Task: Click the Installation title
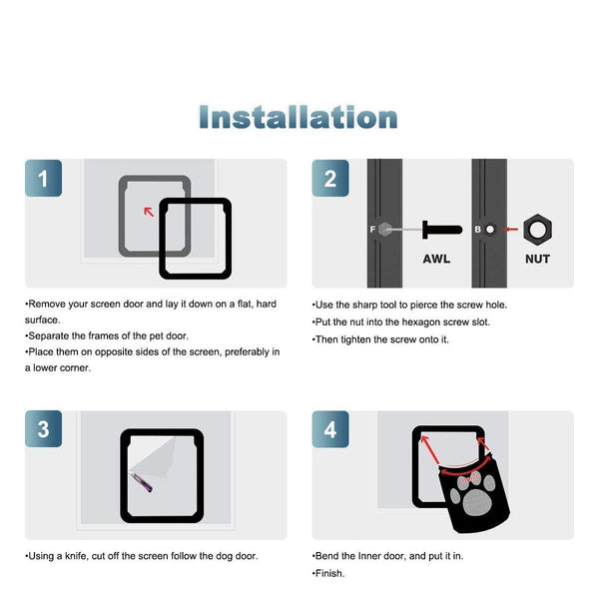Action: [299, 117]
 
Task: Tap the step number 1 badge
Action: [44, 178]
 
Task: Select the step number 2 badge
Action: [330, 178]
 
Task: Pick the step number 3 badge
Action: [44, 429]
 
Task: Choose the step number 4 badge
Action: [330, 429]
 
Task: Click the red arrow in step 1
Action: [149, 212]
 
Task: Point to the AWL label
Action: [436, 259]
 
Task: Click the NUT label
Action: [537, 259]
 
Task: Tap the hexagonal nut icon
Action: [537, 230]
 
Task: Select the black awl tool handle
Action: [442, 230]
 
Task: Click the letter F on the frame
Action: [372, 230]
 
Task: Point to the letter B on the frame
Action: [477, 230]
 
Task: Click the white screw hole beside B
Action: [490, 230]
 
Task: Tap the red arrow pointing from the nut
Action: [510, 230]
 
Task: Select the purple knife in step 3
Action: [142, 482]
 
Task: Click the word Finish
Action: [329, 573]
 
